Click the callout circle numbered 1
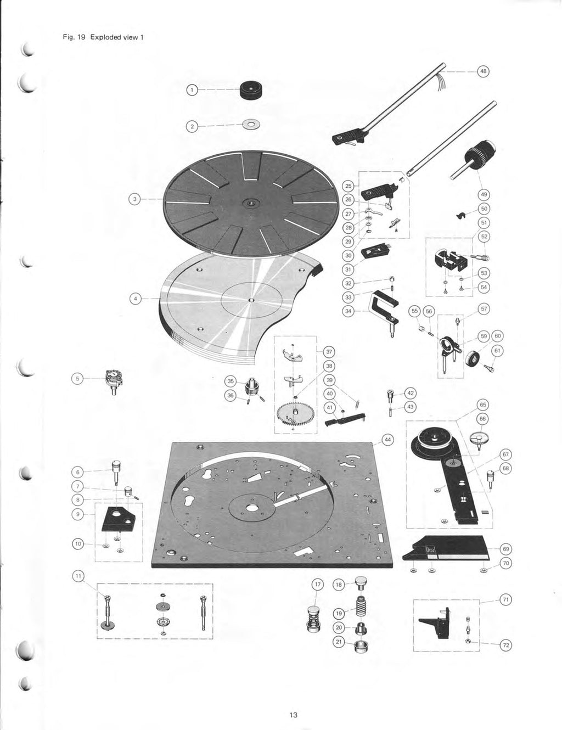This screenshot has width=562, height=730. [x=192, y=89]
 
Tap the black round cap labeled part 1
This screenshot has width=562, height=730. [x=252, y=90]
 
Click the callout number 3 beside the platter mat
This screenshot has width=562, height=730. [x=133, y=199]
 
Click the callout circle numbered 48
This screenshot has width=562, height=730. [x=483, y=71]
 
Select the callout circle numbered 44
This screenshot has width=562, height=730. [x=387, y=440]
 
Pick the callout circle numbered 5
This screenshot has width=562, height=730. [x=78, y=378]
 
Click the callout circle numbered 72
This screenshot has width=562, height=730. [x=505, y=645]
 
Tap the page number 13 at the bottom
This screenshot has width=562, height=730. [x=293, y=715]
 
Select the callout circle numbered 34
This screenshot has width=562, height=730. [x=347, y=311]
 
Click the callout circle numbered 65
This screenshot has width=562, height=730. [x=483, y=405]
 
